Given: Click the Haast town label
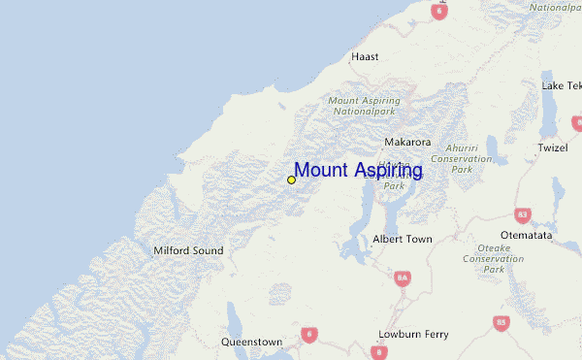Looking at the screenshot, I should click(366, 57).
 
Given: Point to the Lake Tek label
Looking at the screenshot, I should click(562, 85).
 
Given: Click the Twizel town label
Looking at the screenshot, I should click(553, 148).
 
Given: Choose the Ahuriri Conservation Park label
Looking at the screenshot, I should click(462, 158).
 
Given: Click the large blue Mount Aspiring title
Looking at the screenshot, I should click(358, 171).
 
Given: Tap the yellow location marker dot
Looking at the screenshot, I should click(291, 180).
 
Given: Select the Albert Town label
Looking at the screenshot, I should click(403, 239).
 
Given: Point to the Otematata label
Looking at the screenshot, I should click(526, 235).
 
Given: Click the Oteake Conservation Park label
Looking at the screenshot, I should click(494, 258).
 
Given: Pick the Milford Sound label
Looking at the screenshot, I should click(188, 250).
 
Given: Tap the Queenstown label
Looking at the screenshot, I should click(251, 343).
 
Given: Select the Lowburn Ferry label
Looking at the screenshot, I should click(413, 335).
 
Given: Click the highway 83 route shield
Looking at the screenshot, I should click(524, 213).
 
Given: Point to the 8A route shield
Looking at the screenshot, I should click(403, 278).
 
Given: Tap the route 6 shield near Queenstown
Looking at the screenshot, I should click(309, 335).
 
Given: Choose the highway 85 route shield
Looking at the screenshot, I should click(501, 322).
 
